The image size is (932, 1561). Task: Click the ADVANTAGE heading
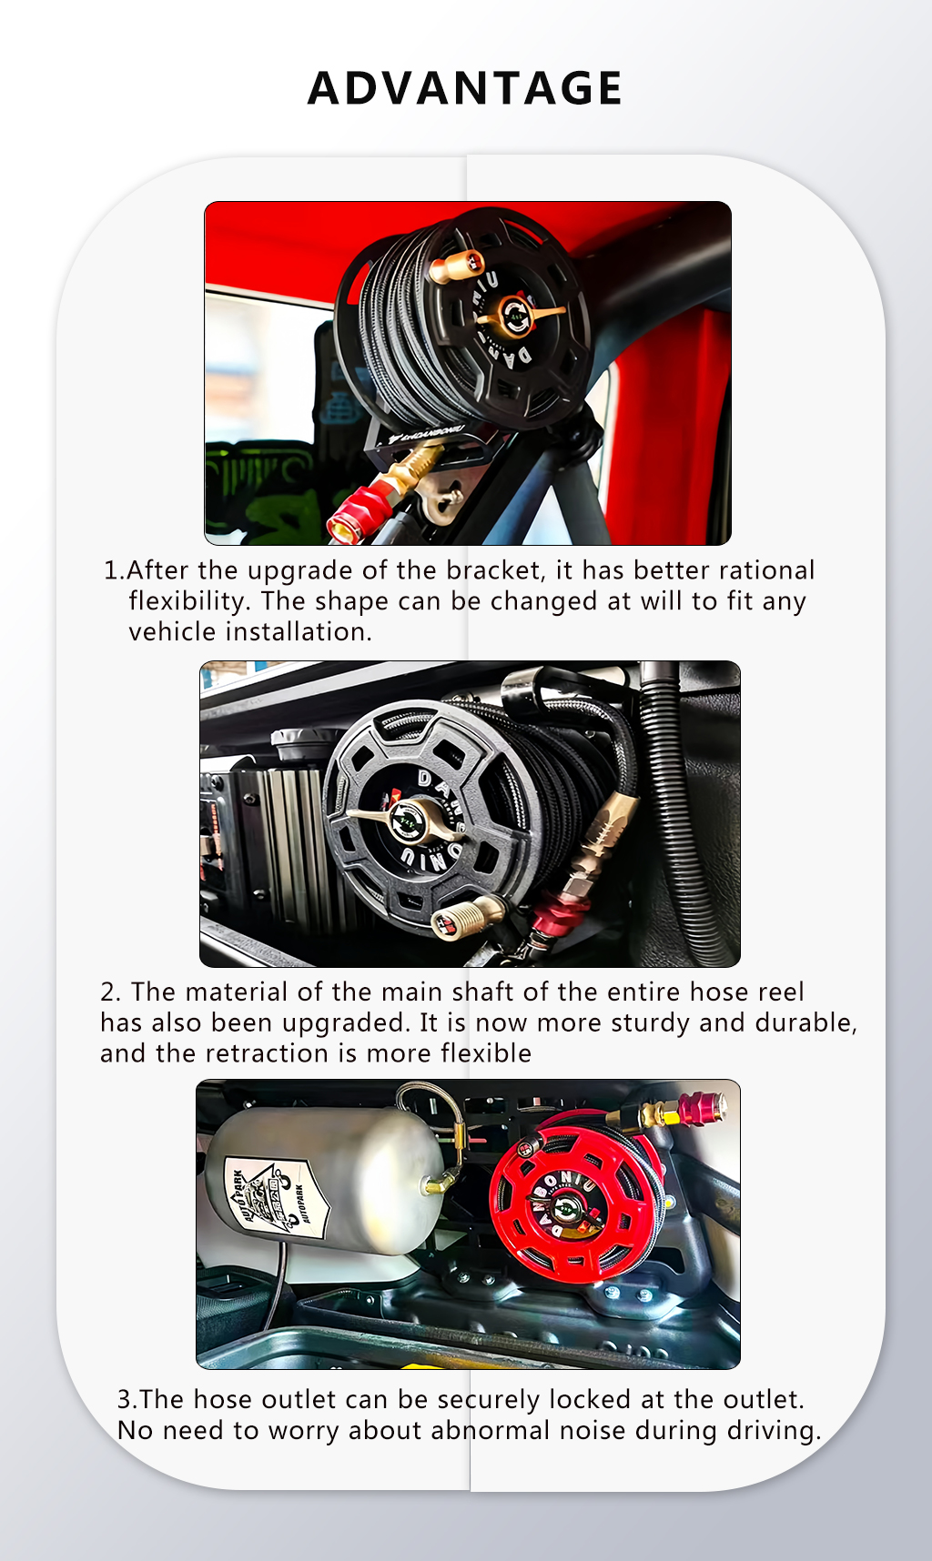[465, 88]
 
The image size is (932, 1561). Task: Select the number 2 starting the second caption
[109, 992]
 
